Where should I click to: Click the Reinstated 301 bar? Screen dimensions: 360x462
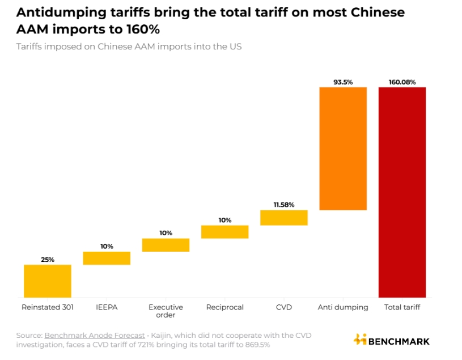click(47, 281)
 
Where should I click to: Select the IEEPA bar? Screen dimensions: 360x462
click(107, 258)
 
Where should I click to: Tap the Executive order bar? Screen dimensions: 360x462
click(166, 245)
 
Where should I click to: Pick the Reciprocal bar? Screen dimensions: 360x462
click(224, 231)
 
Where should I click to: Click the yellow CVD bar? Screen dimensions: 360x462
click(284, 218)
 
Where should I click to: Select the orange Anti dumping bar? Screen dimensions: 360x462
click(343, 149)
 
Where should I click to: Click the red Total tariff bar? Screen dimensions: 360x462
click(402, 192)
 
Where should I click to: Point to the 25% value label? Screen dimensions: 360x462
click(48, 260)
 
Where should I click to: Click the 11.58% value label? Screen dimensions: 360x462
click(284, 205)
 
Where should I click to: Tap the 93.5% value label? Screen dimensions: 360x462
click(343, 82)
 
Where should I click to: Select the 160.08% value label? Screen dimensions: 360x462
click(402, 82)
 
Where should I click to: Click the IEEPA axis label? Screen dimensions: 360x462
click(107, 307)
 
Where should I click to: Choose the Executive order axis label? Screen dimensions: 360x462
click(166, 311)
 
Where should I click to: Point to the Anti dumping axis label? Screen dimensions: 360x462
click(343, 307)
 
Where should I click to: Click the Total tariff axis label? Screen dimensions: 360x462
click(402, 307)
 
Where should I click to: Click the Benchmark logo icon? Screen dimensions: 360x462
click(360, 340)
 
